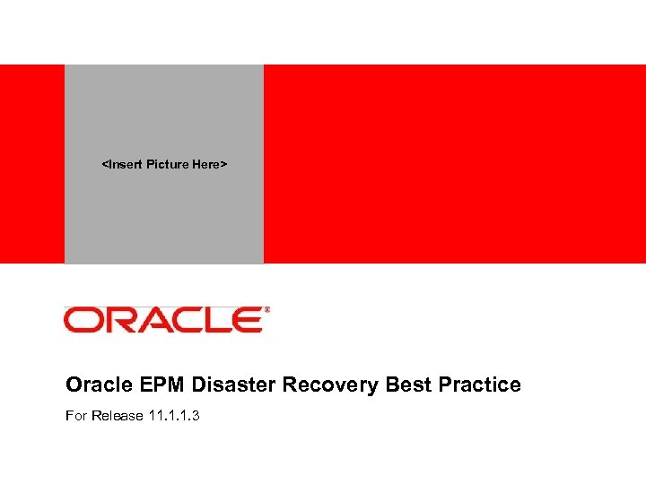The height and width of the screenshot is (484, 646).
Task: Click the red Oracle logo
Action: pos(163,320)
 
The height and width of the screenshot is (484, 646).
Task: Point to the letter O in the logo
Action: pos(82,320)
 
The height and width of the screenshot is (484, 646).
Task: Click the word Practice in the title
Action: pos(479,385)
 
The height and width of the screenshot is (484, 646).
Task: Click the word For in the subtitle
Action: pos(76,417)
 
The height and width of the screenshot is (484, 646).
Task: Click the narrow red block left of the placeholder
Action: pos(32,164)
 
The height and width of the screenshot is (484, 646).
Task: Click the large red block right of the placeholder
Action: pos(454,164)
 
